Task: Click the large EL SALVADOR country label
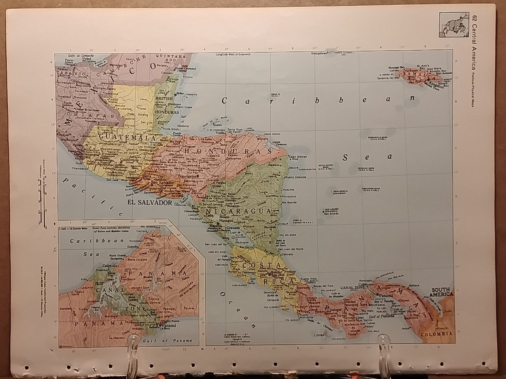(x=150, y=203)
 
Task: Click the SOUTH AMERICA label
(x=442, y=292)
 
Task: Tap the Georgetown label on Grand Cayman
(x=319, y=53)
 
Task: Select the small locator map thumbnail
(x=454, y=24)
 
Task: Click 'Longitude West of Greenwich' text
(x=233, y=54)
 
